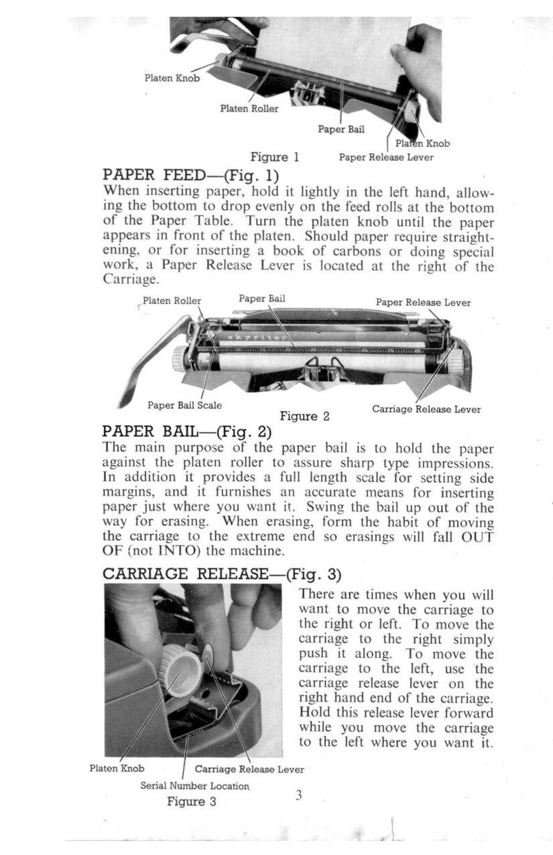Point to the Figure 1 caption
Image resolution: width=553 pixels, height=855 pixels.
274,157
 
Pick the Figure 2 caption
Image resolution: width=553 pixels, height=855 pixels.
304,417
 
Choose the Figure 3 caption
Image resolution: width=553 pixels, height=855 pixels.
192,802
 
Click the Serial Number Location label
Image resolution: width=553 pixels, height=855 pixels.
195,785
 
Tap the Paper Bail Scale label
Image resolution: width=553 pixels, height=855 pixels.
185,405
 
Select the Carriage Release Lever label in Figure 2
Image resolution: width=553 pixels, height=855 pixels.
426,409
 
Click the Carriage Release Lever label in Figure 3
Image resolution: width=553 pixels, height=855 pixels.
249,769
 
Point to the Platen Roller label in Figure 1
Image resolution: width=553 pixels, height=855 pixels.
249,109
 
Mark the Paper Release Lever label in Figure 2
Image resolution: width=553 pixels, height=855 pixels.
423,302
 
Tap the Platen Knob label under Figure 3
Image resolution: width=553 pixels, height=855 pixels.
117,769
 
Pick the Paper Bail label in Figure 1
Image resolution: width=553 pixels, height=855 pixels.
341,130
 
